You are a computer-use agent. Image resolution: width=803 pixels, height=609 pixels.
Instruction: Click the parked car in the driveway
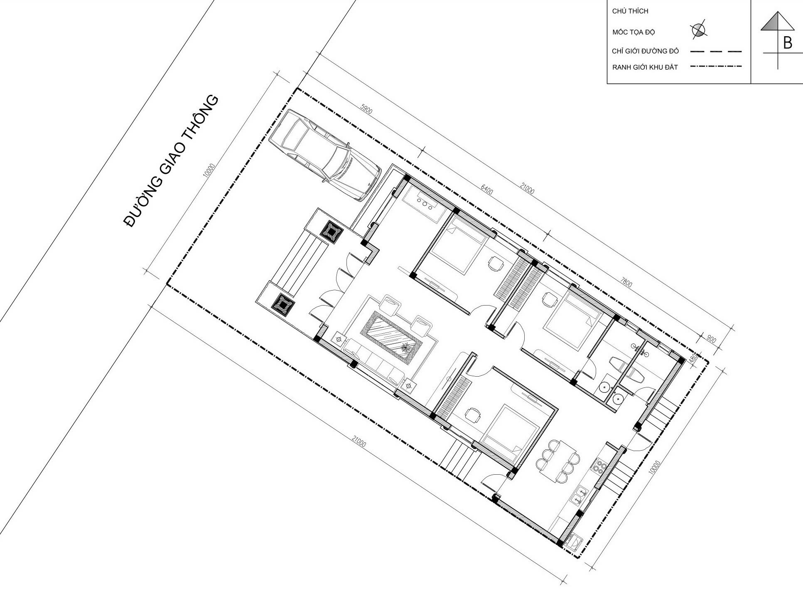coord(324,155)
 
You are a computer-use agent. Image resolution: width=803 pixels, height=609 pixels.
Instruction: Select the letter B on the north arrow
coord(787,43)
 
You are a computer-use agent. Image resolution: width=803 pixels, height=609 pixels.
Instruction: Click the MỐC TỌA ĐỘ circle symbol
coord(699,30)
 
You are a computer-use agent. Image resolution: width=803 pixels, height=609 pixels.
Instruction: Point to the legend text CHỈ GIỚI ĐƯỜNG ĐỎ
coord(645,52)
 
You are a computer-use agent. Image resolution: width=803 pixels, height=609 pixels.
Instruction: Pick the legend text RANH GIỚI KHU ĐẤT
coord(645,67)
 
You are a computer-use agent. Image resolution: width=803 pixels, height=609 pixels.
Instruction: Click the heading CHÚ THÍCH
coord(630,11)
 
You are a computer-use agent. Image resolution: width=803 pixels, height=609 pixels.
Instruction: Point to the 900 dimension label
coord(711,340)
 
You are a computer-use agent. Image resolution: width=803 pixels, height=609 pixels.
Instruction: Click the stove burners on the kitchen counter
coord(599,466)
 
